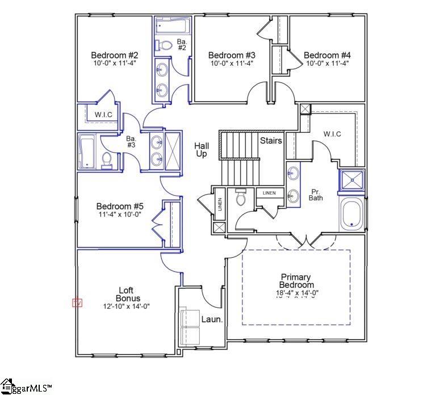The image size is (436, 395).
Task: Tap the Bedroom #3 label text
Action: click(232, 55)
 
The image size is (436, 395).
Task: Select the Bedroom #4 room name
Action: click(327, 55)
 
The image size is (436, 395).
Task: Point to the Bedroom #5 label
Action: click(120, 206)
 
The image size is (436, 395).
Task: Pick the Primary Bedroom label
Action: click(296, 280)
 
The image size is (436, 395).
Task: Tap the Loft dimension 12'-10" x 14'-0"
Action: click(126, 306)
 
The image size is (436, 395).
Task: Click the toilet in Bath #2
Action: click(163, 45)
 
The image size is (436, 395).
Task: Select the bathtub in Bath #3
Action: click(88, 152)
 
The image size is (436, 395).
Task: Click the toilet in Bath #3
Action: click(107, 159)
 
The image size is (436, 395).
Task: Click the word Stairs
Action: click(271, 140)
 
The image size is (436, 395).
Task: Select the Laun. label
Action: click(212, 320)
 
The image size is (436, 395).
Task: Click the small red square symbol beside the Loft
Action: click(77, 303)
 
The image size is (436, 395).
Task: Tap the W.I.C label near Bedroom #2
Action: click(103, 115)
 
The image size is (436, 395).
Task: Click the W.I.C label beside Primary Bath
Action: click(332, 134)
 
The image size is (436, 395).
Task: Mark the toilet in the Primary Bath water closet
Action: click(241, 197)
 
